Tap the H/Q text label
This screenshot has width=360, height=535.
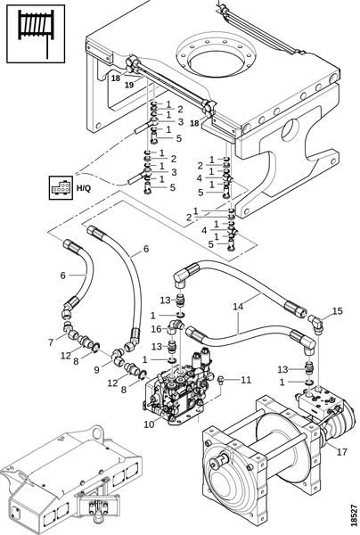tap(84, 187)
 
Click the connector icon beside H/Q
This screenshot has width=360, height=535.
tap(61, 187)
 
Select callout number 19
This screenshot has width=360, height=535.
tap(129, 85)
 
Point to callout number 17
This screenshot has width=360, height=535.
tap(341, 452)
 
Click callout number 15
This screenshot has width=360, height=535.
tap(337, 311)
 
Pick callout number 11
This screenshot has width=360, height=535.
tap(246, 380)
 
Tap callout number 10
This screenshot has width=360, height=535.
tap(149, 424)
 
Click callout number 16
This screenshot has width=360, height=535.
tap(157, 329)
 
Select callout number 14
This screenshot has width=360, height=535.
tap(238, 307)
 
